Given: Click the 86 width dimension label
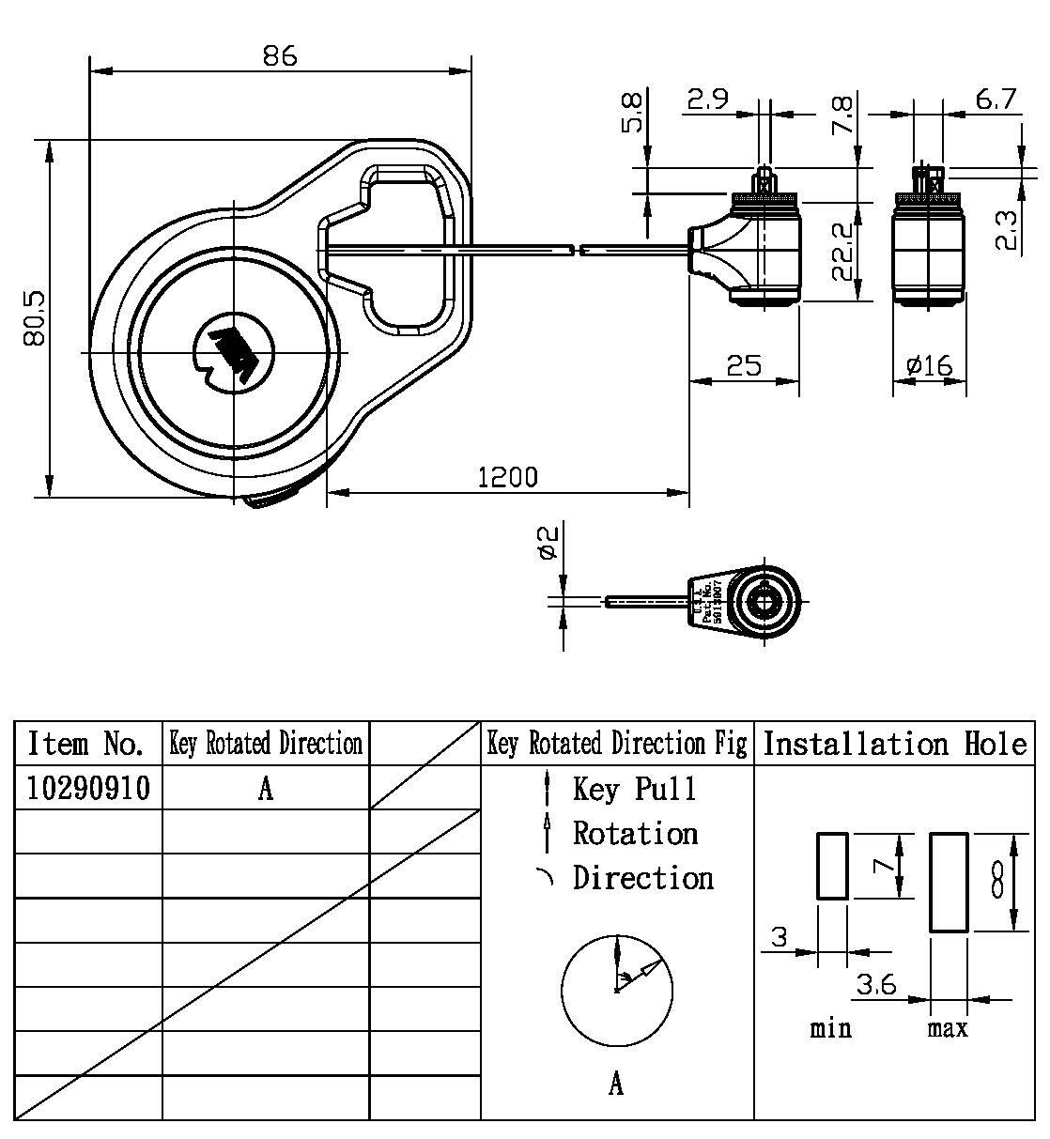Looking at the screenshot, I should pos(279,55).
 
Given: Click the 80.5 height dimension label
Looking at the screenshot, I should pos(36,318).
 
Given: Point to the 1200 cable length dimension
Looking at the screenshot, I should pos(508,477).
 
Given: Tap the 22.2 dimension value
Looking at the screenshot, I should pos(842,252).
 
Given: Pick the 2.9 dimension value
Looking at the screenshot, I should pos(707,99).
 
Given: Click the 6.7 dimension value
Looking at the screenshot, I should pos(996,99).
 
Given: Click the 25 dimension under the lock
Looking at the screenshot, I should pos(744,365).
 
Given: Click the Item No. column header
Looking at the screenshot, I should pos(86,744).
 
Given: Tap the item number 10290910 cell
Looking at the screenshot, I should pos(88,789).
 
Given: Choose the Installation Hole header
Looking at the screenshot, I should pos(894,744).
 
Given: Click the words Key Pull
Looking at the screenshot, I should pos(635,789).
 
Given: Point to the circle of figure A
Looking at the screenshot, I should pos(616,990).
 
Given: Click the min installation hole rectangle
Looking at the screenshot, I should pos(832,866).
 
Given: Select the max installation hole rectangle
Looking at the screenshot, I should pos(949,882).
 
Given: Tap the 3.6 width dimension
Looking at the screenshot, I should pos(875,985).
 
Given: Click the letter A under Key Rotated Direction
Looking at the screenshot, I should pos(266,789).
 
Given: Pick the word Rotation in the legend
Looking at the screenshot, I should pos(636,833).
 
